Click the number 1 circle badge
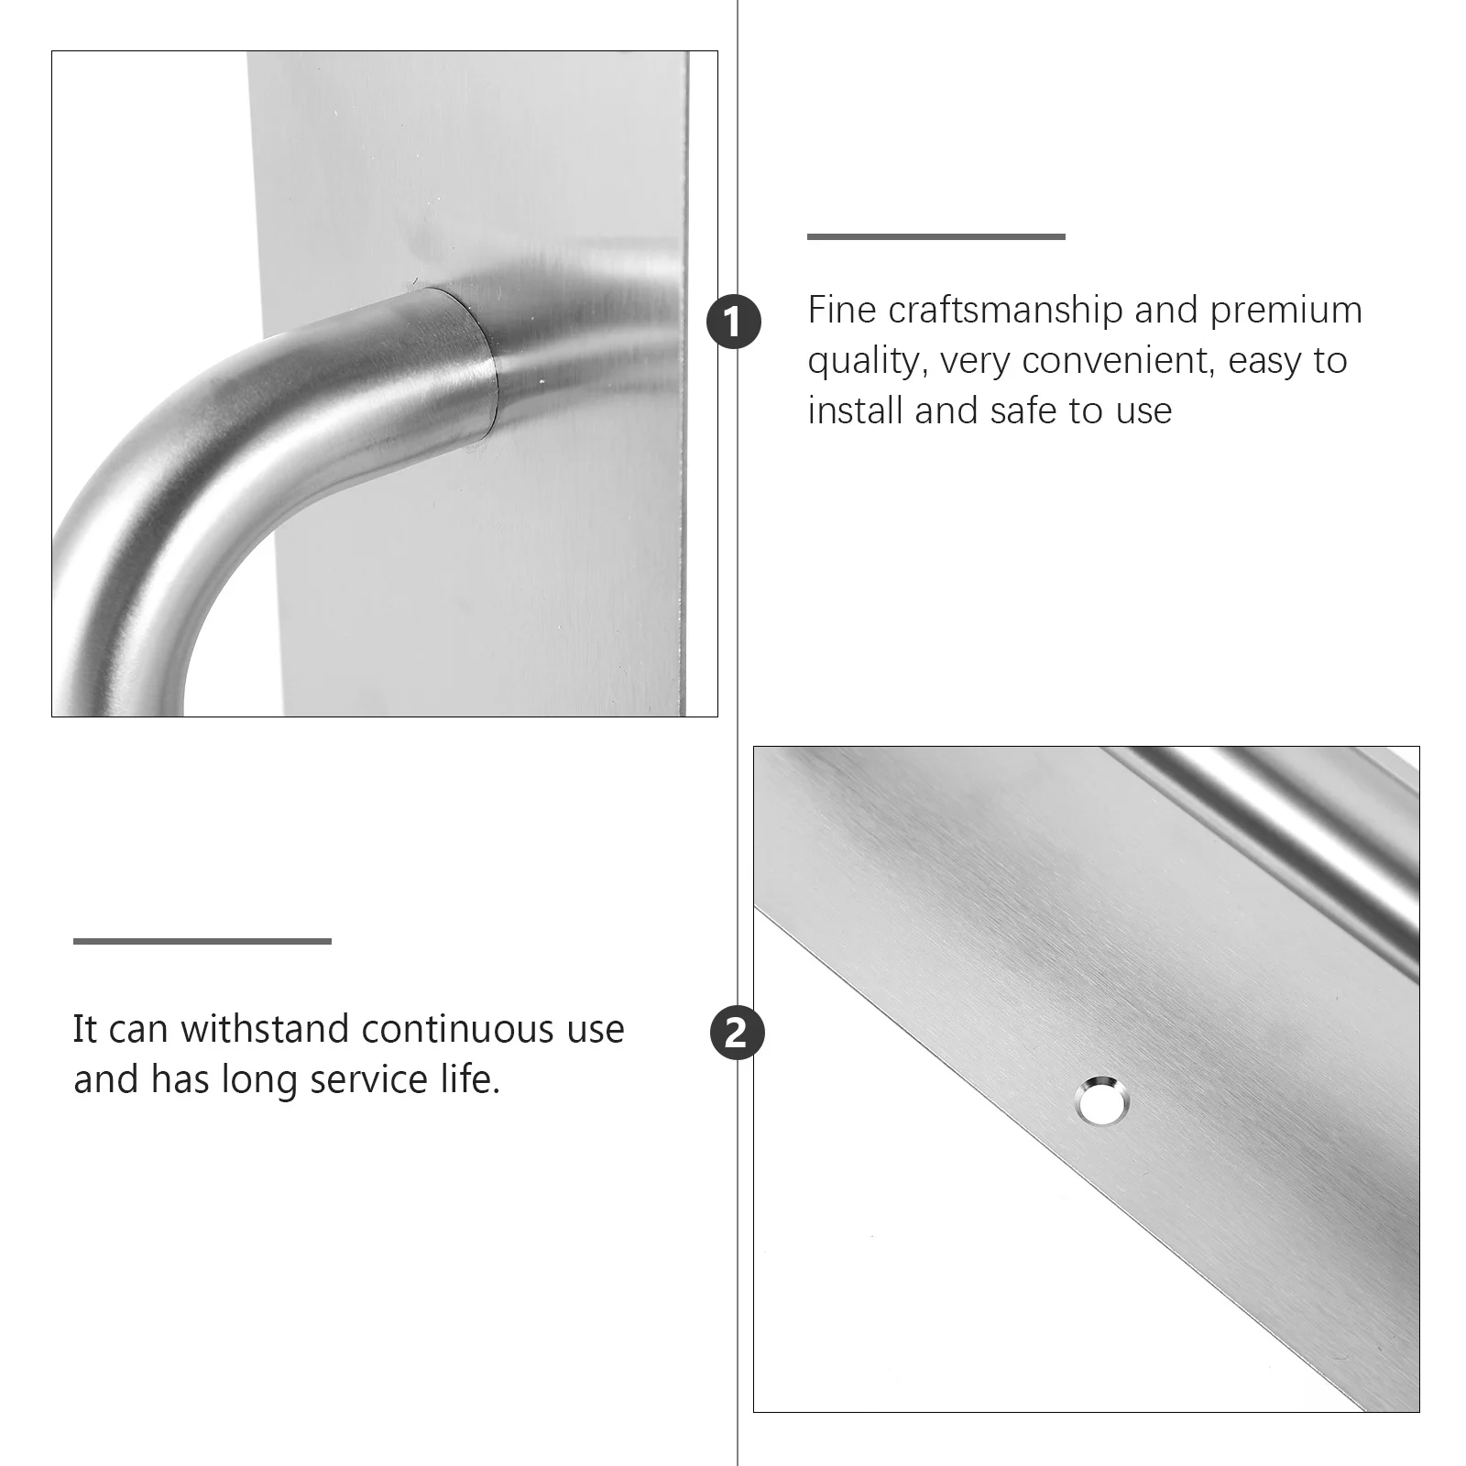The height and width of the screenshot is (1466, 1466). (734, 323)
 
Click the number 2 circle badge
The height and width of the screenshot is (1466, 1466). (736, 1034)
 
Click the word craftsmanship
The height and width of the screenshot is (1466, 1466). (1005, 312)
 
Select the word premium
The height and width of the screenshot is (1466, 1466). (1285, 312)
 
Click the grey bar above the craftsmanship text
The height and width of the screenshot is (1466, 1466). (935, 236)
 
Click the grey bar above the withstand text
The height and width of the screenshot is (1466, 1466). (202, 941)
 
